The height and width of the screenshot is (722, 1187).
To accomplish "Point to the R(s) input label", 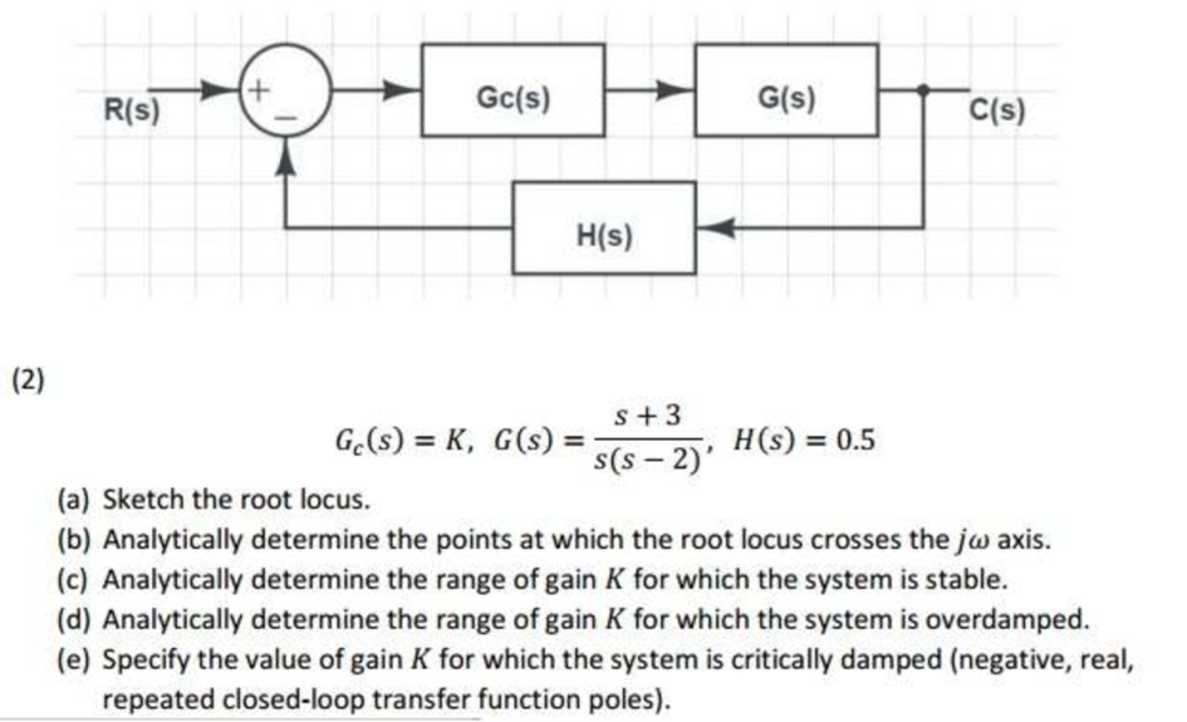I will (133, 109).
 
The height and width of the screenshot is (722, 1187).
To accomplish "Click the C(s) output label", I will (998, 109).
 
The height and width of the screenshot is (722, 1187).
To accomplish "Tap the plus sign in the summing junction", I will (255, 90).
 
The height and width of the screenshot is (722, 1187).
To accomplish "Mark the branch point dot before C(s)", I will (924, 90).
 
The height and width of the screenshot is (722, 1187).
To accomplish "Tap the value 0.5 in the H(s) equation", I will (855, 439).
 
